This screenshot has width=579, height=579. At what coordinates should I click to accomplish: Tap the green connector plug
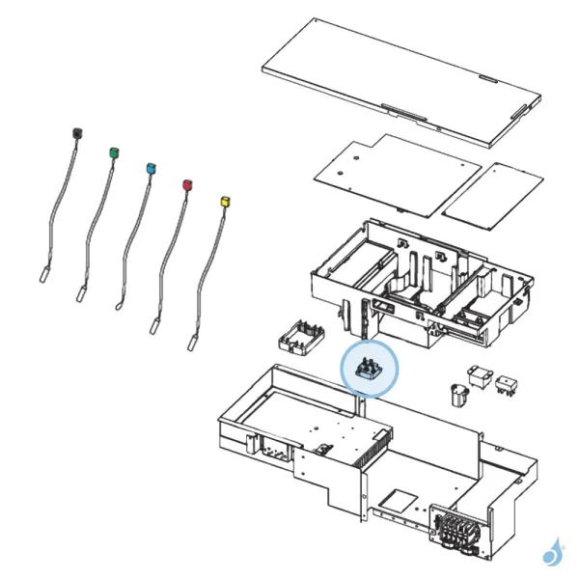[114, 152]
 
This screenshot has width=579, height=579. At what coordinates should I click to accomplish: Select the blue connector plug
[150, 168]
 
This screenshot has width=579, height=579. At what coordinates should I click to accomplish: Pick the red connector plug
[188, 183]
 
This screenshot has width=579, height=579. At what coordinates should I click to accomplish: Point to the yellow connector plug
[226, 201]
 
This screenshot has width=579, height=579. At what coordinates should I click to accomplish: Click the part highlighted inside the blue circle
[368, 369]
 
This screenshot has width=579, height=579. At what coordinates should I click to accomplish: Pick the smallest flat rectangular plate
[490, 193]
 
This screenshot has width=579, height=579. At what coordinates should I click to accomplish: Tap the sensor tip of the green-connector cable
[81, 290]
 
